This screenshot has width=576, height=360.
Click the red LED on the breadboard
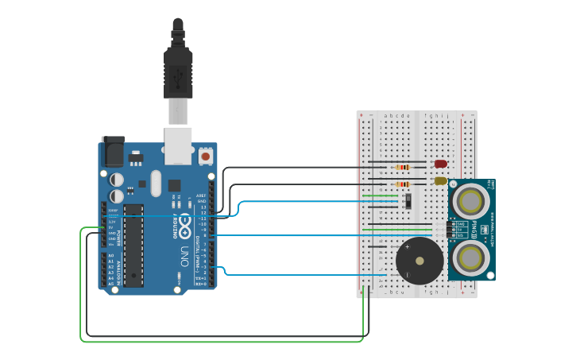point(441,164)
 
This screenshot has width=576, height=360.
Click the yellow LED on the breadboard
point(441,181)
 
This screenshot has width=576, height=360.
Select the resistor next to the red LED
point(403,167)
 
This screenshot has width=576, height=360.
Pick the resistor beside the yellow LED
point(403,184)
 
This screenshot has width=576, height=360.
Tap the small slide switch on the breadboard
point(408,200)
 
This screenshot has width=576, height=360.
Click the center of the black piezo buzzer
point(419,260)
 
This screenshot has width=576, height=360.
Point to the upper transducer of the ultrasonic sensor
point(471,202)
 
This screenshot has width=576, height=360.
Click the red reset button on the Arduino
point(206,157)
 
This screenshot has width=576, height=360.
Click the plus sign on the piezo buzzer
point(408,247)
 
